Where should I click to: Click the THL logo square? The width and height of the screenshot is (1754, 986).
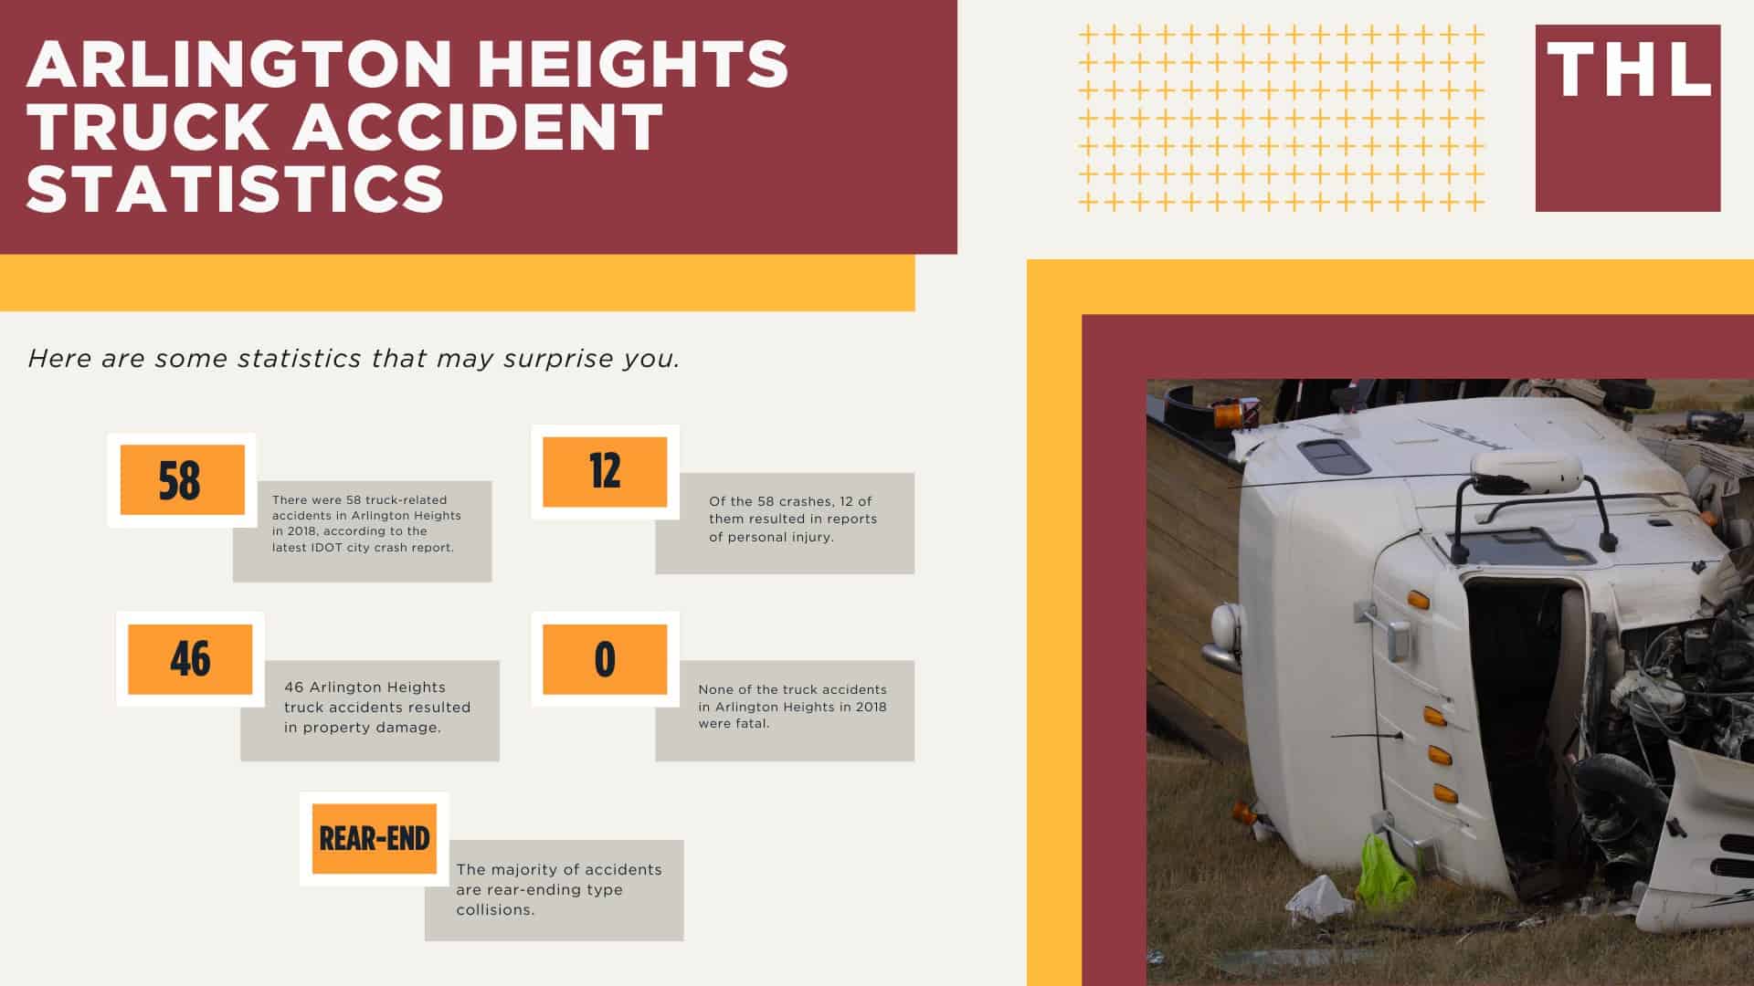pyautogui.click(x=1628, y=118)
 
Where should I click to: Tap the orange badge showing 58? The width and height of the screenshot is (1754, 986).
pyautogui.click(x=182, y=480)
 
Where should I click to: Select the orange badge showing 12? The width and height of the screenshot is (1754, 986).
pyautogui.click(x=605, y=472)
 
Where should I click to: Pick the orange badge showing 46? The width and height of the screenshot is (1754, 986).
pyautogui.click(x=190, y=659)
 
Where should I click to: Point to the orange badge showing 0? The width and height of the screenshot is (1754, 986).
pyautogui.click(x=605, y=659)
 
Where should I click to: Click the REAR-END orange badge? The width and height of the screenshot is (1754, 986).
pyautogui.click(x=375, y=838)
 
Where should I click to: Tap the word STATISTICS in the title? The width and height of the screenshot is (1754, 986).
pyautogui.click(x=236, y=188)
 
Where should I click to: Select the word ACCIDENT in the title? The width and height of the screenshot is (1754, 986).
pyautogui.click(x=477, y=126)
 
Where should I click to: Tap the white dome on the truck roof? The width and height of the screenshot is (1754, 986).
pyautogui.click(x=1526, y=471)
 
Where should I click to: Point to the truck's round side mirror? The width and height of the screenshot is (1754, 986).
pyautogui.click(x=1226, y=628)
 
